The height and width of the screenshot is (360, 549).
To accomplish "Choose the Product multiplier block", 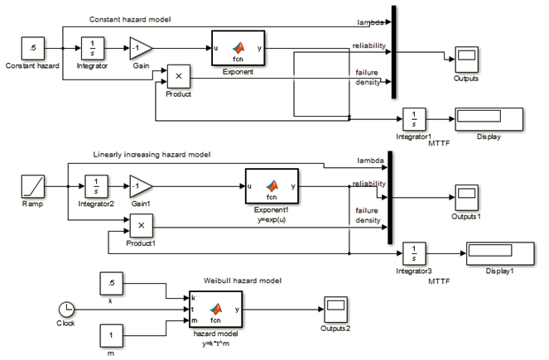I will coord(179,77).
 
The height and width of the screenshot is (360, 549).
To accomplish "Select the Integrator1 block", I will coord(414,118).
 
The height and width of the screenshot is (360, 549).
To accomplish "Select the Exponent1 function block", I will coord(272,186).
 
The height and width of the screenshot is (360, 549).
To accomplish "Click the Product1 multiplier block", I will coord(141,224).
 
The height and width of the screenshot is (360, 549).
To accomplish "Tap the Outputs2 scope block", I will coord(335,309).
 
